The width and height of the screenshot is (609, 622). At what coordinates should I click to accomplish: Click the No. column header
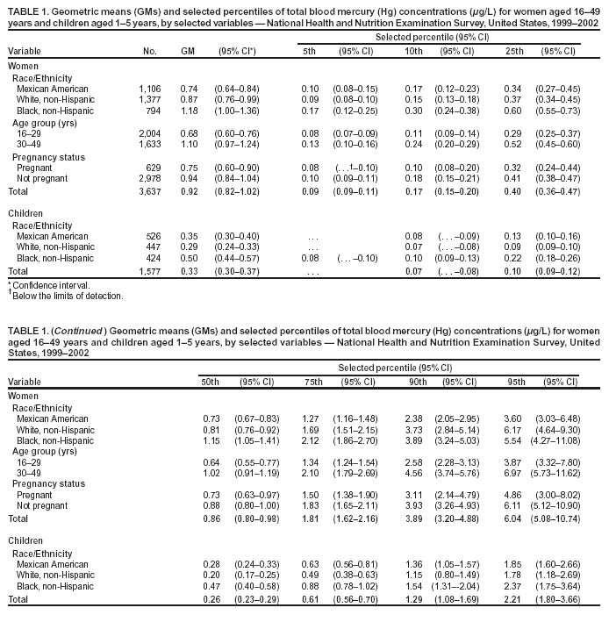pos(150,51)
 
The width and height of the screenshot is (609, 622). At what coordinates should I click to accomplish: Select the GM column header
pos(187,51)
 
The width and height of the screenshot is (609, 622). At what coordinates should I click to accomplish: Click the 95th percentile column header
pos(513,382)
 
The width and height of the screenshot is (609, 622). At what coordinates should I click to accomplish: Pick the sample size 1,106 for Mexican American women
pos(150,89)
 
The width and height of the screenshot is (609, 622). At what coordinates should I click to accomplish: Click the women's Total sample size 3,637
pos(150,190)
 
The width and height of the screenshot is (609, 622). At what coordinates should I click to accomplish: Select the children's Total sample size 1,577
pos(150,272)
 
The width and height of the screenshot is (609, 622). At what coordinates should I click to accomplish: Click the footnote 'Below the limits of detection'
pos(67,296)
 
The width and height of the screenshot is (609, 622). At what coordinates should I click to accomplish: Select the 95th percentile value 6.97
pos(515,475)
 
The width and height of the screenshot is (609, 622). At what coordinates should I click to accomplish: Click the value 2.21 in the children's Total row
pos(515,599)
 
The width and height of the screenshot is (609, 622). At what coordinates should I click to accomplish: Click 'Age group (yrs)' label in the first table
pos(43,123)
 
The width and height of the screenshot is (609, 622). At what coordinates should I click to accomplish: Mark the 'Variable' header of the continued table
pos(23,382)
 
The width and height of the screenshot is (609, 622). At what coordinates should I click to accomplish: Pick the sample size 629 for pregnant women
pos(154,168)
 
